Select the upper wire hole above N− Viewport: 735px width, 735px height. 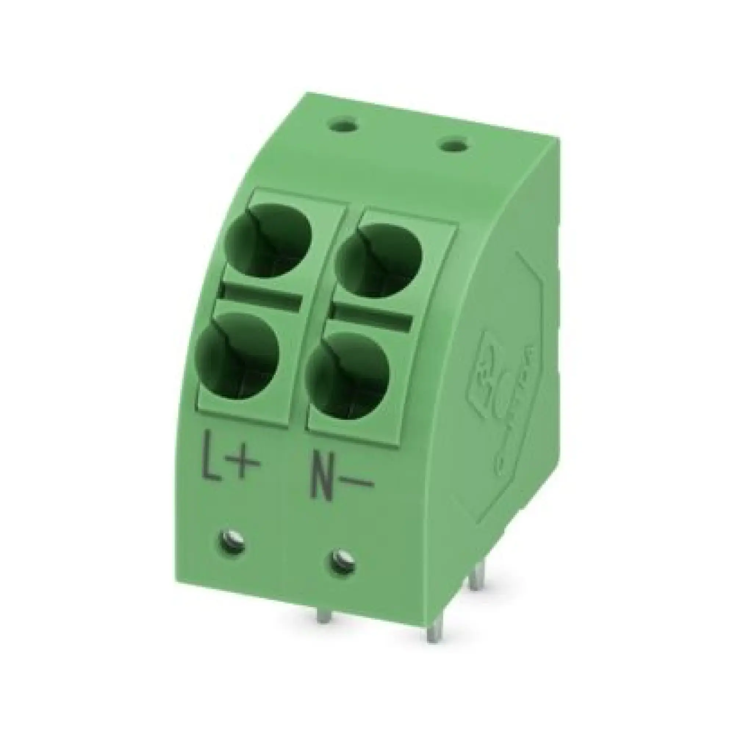pyautogui.click(x=380, y=259)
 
